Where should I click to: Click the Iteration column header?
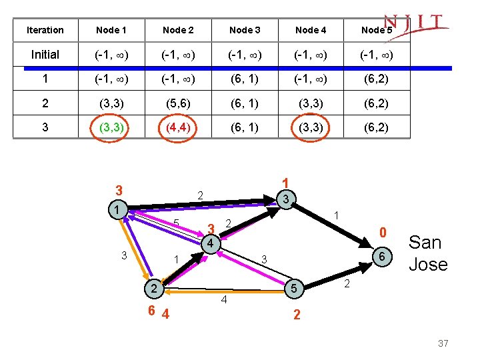click(x=45, y=30)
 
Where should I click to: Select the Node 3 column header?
click(x=245, y=30)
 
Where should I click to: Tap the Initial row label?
click(x=45, y=55)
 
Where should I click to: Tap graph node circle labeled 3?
click(x=285, y=199)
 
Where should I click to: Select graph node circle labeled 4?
click(x=209, y=243)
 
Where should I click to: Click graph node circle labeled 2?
click(x=153, y=289)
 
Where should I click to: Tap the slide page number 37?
click(x=443, y=343)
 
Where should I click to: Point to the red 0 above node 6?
click(x=383, y=233)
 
